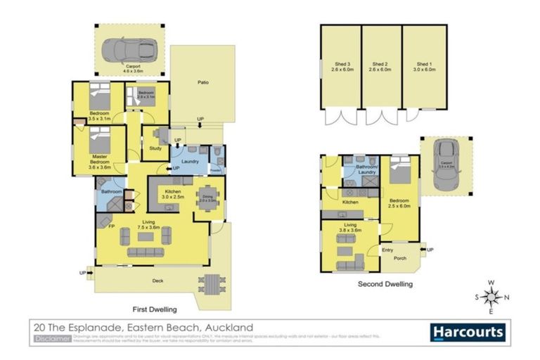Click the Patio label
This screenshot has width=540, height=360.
(x=202, y=82)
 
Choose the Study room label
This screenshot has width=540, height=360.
(x=155, y=148)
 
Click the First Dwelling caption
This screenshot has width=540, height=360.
(x=155, y=309)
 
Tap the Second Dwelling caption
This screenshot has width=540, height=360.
(x=385, y=284)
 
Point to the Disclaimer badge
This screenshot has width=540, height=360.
(x=52, y=339)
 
